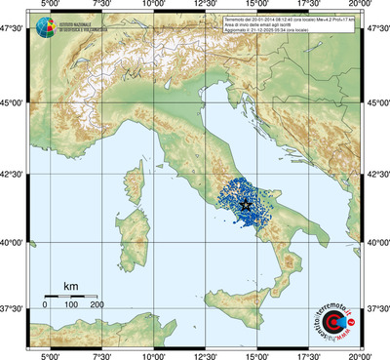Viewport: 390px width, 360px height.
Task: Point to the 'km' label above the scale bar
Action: pos(70,286)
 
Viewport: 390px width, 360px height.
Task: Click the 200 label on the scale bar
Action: pos(97,306)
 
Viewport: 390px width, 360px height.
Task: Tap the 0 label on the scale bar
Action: pos(45,306)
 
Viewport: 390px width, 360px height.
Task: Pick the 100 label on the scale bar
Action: pos(71,306)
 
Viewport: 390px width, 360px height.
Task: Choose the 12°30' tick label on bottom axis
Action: pos(205,354)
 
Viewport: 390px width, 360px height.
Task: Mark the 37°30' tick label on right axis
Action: pos(377,308)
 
